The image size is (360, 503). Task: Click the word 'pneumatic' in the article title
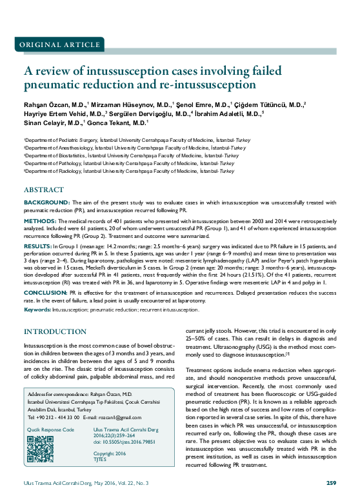point(52,84)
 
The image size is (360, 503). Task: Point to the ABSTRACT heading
point(43,191)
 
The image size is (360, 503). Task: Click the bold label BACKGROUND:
point(43,202)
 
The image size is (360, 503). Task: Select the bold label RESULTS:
point(37,246)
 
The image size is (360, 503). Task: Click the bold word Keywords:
point(38,310)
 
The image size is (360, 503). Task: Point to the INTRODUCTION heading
point(55,331)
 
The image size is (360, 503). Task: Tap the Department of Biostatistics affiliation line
point(132,155)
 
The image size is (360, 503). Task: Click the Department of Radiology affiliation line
point(128,172)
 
